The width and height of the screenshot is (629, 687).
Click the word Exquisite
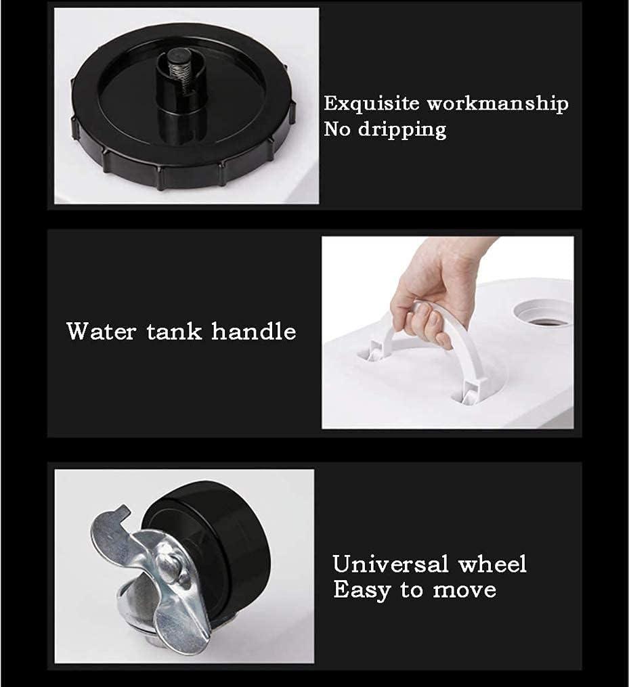pos(372,104)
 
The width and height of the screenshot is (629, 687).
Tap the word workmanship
pos(498,104)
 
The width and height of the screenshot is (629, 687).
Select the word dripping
pos(402,130)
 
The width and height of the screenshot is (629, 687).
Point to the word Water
pos(102,331)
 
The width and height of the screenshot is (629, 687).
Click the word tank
pos(174,331)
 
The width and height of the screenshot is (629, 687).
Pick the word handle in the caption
pos(254,331)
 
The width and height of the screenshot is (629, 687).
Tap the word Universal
pos(391,564)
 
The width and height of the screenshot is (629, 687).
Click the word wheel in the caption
pos(492,564)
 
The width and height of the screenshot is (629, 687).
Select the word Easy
pos(362,591)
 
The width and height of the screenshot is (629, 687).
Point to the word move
pos(465,591)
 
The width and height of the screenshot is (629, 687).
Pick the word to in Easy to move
pos(412,591)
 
